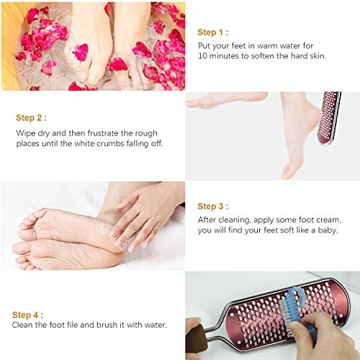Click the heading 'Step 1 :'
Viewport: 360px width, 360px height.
click(214, 32)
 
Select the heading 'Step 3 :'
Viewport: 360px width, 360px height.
click(214, 206)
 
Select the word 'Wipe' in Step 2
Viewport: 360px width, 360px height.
click(24, 132)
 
